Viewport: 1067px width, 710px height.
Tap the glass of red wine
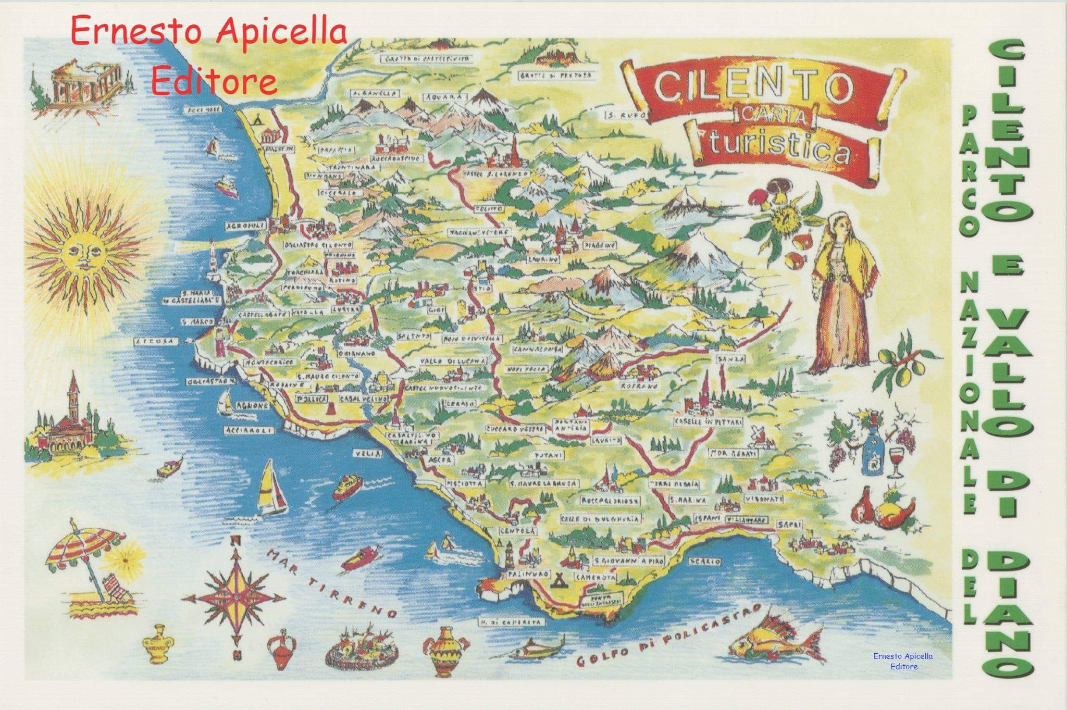pyautogui.click(x=896, y=459)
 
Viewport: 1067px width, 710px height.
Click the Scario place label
pyautogui.click(x=704, y=562)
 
